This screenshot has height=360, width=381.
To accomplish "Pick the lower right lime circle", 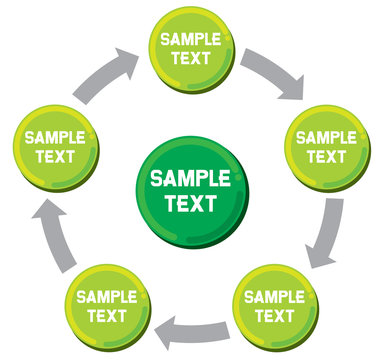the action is (x=273, y=305).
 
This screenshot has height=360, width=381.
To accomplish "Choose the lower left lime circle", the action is (x=106, y=305).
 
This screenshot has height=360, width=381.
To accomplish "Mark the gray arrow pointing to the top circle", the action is (x=108, y=72).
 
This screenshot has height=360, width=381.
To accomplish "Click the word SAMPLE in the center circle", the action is (x=190, y=179).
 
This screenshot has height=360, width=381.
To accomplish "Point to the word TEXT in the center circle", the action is (x=190, y=203).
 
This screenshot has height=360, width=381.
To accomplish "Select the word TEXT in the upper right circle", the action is (x=326, y=157).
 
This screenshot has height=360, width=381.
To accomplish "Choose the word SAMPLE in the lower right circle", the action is (x=273, y=296).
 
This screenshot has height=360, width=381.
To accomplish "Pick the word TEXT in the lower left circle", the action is (x=106, y=315).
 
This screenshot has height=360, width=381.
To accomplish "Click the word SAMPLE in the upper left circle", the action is (x=55, y=137).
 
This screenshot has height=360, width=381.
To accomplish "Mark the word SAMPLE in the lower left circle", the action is (x=106, y=296).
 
